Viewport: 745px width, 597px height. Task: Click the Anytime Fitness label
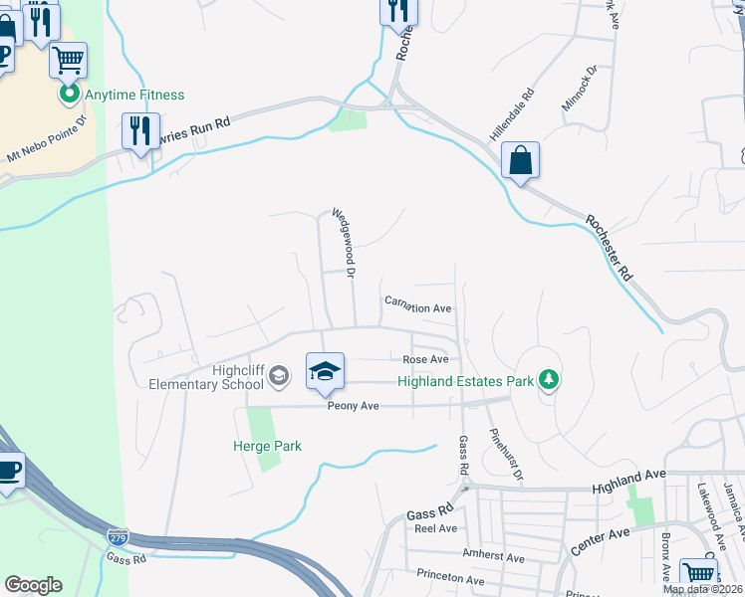pyautogui.click(x=134, y=96)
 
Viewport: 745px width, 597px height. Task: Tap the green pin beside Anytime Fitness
pyautogui.click(x=69, y=96)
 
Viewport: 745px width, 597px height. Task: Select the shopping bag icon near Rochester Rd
pyautogui.click(x=520, y=160)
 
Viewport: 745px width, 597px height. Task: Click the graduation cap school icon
pyautogui.click(x=325, y=372)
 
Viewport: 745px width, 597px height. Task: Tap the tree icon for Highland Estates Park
pyautogui.click(x=547, y=379)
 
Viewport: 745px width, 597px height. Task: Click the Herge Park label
pyautogui.click(x=267, y=447)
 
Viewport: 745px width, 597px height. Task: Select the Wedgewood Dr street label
pyautogui.click(x=344, y=242)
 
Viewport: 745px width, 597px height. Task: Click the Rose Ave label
pyautogui.click(x=425, y=359)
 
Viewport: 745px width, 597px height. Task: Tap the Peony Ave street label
pyautogui.click(x=356, y=406)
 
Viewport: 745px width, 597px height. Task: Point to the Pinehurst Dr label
pyautogui.click(x=506, y=457)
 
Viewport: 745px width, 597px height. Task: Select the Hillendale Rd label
pyautogui.click(x=512, y=112)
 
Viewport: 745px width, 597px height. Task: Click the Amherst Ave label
pyautogui.click(x=493, y=558)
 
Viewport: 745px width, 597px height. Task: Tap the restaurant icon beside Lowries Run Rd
pyautogui.click(x=140, y=130)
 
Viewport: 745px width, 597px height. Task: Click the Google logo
pyautogui.click(x=33, y=585)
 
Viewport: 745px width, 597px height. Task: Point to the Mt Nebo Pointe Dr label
pyautogui.click(x=47, y=140)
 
